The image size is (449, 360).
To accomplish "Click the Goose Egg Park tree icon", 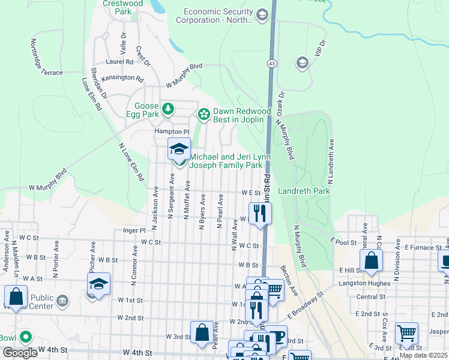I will [169, 109].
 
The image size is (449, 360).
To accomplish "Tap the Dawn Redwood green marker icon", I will [204, 113].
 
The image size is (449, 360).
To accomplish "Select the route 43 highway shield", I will [273, 63].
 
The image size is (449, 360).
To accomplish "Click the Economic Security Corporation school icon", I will [262, 15].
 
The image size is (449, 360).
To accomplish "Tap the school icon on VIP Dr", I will [302, 63].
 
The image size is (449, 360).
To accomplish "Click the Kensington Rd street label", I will [123, 79].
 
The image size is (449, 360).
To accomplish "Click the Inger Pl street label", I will [134, 230].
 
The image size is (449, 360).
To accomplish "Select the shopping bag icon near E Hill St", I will [371, 260].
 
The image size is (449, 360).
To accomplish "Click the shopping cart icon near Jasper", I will [406, 333].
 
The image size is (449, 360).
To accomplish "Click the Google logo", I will [20, 353].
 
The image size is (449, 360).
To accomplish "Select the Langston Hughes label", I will [361, 283].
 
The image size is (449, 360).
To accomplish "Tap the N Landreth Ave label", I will [330, 161].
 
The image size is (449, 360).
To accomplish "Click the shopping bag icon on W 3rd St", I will [202, 332].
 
